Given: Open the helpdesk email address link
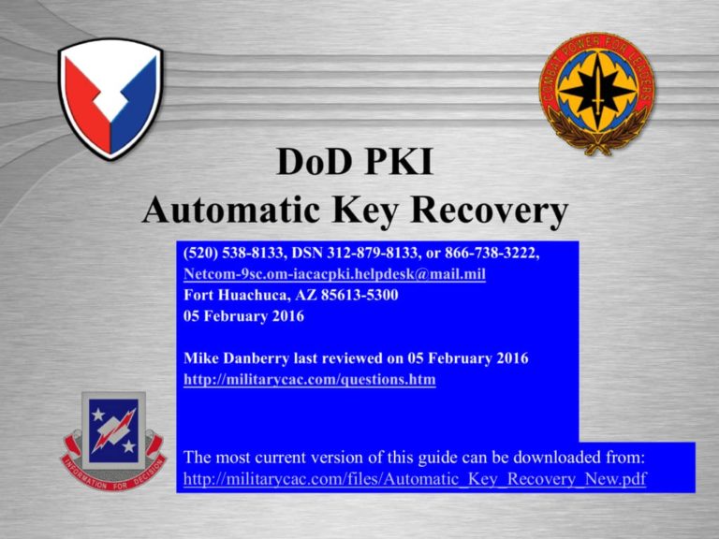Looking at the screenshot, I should [334, 275].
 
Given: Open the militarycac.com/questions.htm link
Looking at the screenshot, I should [310, 380].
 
